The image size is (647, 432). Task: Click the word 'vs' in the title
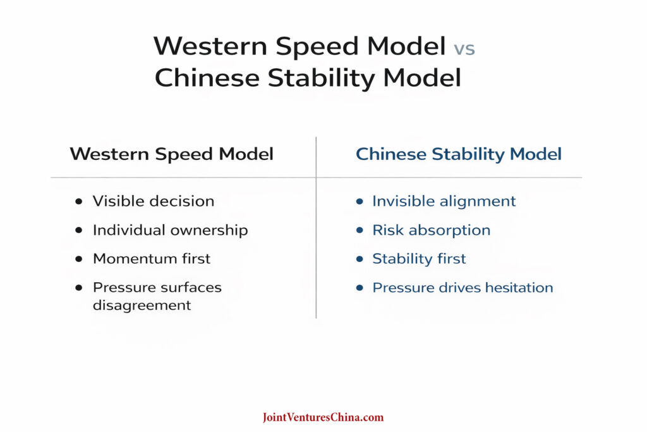[x=463, y=48]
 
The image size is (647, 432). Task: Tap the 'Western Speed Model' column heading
[x=171, y=154]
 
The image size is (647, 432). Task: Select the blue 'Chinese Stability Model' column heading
[x=459, y=154]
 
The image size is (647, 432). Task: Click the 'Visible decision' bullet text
[x=153, y=202]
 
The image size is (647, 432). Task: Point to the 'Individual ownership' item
[x=170, y=230]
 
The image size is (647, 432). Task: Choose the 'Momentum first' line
[x=152, y=259]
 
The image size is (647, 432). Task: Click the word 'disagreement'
[x=142, y=305]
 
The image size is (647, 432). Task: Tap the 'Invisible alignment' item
[x=444, y=202]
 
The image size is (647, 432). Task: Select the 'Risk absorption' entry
[x=431, y=230]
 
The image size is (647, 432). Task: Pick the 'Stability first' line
[x=419, y=259]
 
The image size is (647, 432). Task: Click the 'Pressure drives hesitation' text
[x=463, y=288]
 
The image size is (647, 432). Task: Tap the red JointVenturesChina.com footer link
[x=323, y=417]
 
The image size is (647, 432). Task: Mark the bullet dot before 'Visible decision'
[x=78, y=202]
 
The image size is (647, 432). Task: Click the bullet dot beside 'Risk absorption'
[x=360, y=230]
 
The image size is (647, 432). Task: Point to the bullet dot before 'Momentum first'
[x=78, y=259]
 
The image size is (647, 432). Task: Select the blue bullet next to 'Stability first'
[x=360, y=259]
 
